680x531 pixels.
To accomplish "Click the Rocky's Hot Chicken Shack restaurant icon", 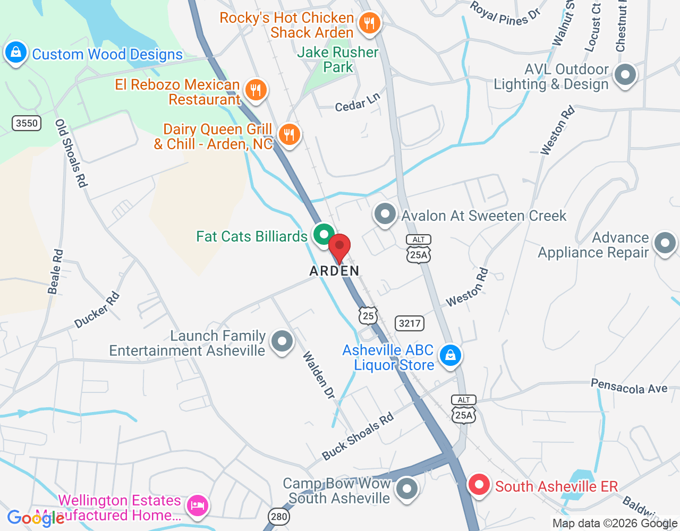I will point(369,23).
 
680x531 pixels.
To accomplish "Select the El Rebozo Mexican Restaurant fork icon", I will point(256,90).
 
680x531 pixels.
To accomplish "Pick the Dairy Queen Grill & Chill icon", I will point(289,134).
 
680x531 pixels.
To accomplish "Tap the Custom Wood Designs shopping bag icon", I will point(16,53).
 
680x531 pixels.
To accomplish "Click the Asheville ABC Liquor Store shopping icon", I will point(450,355).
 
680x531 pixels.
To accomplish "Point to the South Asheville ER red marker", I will point(479,485).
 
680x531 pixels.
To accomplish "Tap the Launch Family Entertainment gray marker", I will point(282,341).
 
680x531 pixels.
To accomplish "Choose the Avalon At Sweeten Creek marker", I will point(385,215).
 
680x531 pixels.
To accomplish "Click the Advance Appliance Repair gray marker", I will point(665,244).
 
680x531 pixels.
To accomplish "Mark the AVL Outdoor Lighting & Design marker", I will point(625,74).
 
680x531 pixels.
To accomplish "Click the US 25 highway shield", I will point(368,316).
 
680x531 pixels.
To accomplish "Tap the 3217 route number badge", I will point(410,323).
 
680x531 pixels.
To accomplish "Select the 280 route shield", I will point(279,517).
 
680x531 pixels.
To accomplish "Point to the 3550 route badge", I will point(27,123).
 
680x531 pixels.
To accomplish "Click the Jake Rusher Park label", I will point(338,59).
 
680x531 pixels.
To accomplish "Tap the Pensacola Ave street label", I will point(629,387).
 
